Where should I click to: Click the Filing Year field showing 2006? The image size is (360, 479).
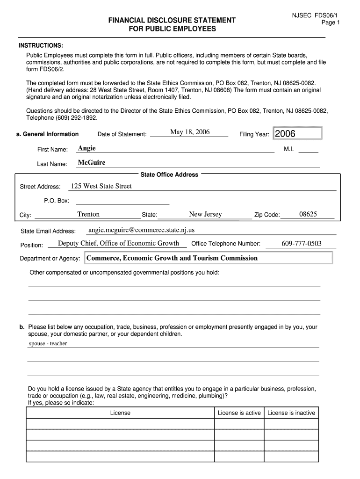click(x=297, y=134)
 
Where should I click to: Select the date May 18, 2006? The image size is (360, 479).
click(x=190, y=132)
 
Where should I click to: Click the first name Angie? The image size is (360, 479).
click(x=87, y=148)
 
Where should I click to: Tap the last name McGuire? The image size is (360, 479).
click(x=92, y=163)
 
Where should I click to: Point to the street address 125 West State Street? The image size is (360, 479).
click(x=101, y=186)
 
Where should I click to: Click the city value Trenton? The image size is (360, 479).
click(x=88, y=214)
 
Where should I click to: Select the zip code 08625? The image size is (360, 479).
click(x=308, y=214)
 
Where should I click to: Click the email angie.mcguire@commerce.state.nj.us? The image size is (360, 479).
click(x=141, y=230)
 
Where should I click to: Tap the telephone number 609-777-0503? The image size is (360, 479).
click(x=302, y=243)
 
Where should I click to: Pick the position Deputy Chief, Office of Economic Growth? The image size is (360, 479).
click(x=118, y=243)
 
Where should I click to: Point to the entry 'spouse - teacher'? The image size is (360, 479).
click(x=48, y=343)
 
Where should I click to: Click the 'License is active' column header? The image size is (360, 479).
click(x=239, y=413)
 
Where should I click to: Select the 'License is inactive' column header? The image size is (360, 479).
click(x=291, y=413)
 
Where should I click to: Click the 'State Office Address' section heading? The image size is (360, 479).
click(x=169, y=175)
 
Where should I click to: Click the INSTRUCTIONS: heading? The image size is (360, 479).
click(x=41, y=45)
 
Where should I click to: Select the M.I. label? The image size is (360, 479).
click(x=288, y=149)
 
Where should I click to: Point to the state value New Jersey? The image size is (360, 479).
click(x=205, y=214)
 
